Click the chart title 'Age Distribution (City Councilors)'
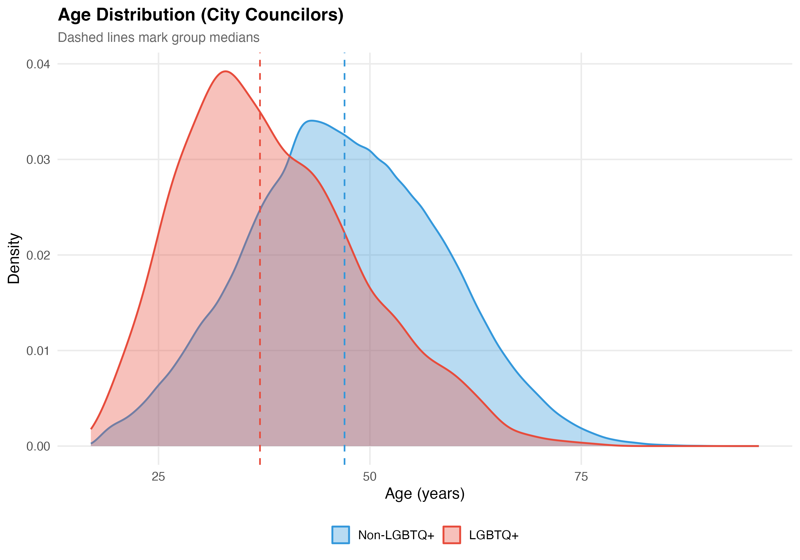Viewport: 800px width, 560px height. click(x=201, y=15)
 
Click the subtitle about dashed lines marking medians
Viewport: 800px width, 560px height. click(x=159, y=38)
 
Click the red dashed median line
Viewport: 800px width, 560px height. click(x=260, y=314)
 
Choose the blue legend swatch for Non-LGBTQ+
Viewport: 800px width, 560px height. click(x=341, y=535)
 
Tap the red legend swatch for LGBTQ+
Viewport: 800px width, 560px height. click(x=451, y=535)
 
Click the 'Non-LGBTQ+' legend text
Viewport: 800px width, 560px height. click(x=396, y=535)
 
